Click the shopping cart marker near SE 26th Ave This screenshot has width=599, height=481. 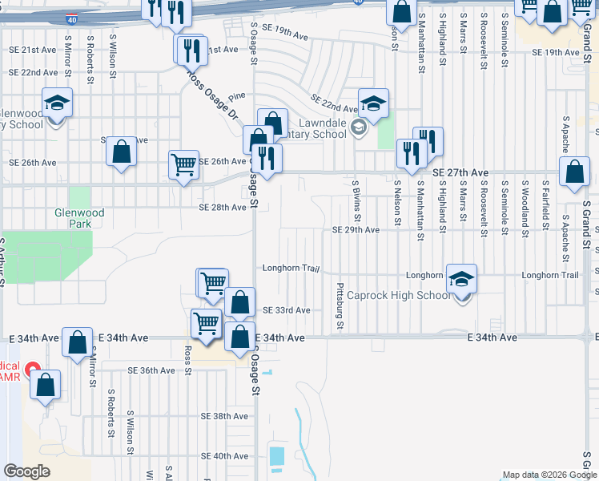click(x=183, y=165)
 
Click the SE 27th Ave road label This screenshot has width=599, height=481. click(x=460, y=172)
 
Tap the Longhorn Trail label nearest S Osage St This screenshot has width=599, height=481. click(x=286, y=268)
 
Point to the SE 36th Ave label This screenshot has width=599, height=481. click(x=151, y=370)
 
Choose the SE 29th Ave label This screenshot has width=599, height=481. click(x=356, y=230)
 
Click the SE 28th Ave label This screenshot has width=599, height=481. click(x=223, y=208)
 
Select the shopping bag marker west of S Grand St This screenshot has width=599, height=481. click(x=574, y=172)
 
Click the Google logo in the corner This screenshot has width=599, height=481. click(x=26, y=471)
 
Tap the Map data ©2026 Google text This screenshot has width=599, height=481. click(x=549, y=475)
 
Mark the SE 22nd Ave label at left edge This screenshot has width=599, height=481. click(x=33, y=72)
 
